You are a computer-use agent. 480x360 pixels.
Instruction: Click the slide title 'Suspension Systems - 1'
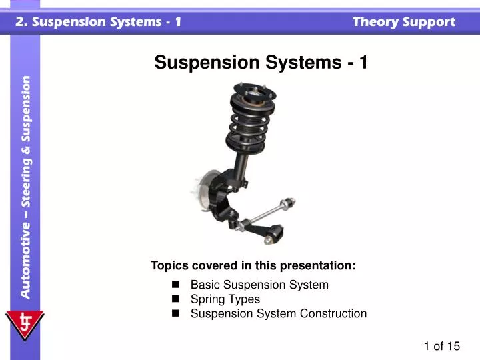261,63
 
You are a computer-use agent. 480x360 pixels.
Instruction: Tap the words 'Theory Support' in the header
403,21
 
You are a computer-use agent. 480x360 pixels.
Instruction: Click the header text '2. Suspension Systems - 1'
99,21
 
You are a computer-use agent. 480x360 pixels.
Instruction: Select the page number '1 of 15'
442,345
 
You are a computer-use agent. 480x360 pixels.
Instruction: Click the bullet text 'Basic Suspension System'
259,285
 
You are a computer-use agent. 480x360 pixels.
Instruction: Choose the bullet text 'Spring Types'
225,299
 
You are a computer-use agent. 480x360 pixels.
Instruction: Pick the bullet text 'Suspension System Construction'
279,313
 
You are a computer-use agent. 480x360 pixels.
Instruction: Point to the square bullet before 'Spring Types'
176,299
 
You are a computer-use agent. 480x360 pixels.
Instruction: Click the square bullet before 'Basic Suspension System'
176,285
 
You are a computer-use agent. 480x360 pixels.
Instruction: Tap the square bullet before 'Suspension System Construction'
176,313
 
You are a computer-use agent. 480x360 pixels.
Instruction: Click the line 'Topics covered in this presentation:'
253,265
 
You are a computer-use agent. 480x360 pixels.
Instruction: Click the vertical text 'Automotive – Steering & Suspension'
25,187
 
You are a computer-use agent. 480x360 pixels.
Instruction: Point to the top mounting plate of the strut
251,89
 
